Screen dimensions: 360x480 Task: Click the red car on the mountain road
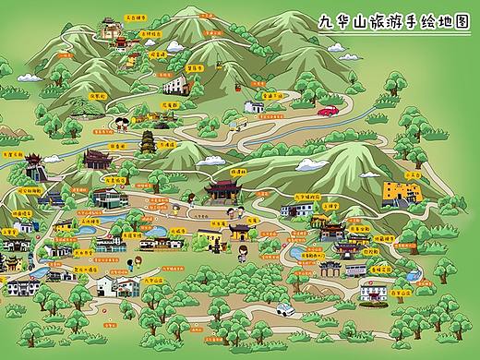[x=327, y=111]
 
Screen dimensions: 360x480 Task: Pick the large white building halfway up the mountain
[x=174, y=86]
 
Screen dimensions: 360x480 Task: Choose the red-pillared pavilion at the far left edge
[x=35, y=169]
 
